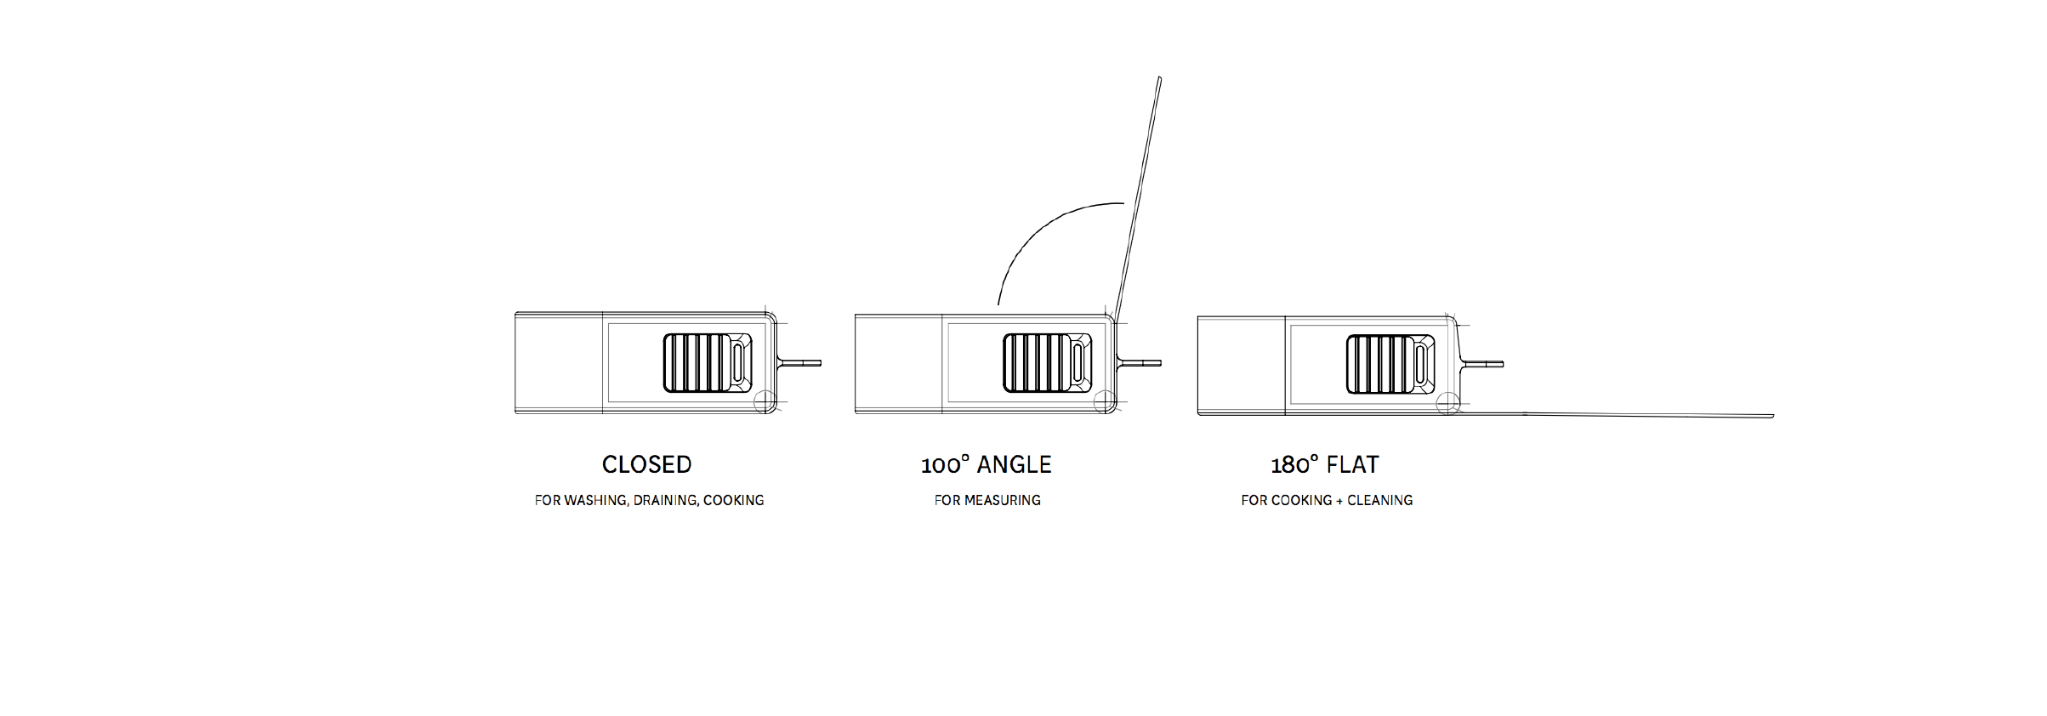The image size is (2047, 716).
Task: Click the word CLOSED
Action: click(646, 464)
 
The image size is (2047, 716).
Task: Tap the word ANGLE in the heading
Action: click(1014, 464)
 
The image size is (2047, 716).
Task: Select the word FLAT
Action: click(1352, 464)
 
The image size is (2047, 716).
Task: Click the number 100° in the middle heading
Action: click(945, 464)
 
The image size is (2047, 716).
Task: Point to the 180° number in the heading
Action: click(1294, 464)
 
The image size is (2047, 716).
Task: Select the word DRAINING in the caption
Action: click(666, 500)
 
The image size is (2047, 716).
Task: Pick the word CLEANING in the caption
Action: click(1379, 500)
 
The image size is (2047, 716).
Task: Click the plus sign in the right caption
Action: click(1339, 500)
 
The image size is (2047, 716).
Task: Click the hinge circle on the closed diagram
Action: click(765, 401)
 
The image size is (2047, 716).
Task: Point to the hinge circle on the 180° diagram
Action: click(1447, 403)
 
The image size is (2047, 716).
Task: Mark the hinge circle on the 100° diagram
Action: click(1104, 401)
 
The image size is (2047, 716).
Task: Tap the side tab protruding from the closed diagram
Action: click(800, 363)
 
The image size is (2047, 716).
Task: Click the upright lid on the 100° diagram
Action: click(1140, 196)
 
